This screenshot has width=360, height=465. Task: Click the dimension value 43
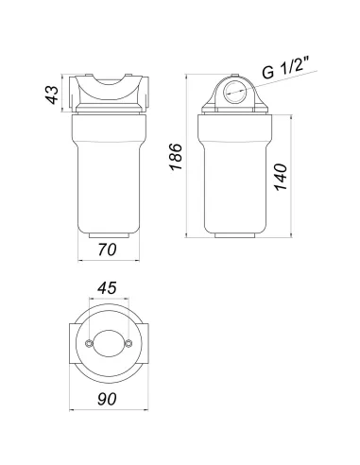pos(52,95)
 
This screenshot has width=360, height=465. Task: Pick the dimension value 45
pos(107,287)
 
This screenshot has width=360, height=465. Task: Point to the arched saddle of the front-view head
pos(107,92)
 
